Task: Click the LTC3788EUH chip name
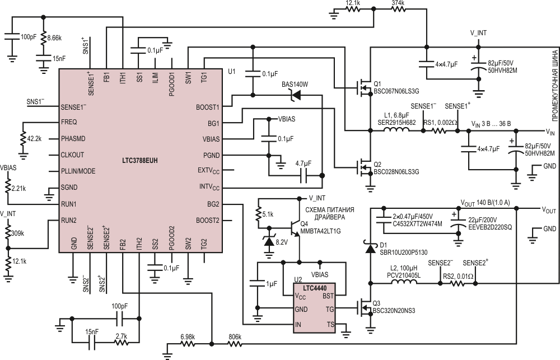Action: click(140, 160)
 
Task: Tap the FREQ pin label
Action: click(69, 121)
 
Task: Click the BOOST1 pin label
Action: click(208, 106)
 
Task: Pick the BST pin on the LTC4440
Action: click(329, 296)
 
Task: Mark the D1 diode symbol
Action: click(370, 247)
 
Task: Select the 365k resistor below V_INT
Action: click(8, 232)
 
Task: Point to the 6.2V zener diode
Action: click(268, 241)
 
